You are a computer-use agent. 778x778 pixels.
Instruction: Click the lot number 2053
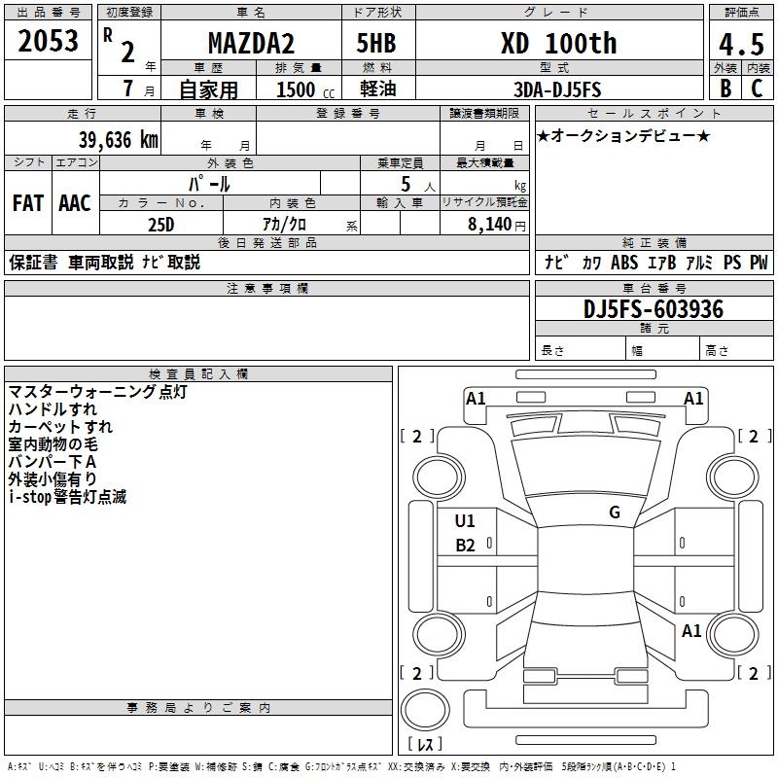click(x=49, y=40)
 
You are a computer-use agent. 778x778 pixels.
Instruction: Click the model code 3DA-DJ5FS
click(x=557, y=89)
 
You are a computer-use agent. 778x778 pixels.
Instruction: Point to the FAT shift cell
click(x=27, y=203)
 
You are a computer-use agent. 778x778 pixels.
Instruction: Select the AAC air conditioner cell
click(x=75, y=203)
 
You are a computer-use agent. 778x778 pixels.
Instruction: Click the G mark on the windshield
click(x=614, y=513)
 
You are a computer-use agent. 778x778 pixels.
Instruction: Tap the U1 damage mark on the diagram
click(x=465, y=520)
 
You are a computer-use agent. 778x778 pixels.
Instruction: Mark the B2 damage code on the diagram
click(x=465, y=546)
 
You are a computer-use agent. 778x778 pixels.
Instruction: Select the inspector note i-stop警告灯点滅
click(x=67, y=497)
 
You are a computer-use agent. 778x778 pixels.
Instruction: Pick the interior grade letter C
click(x=757, y=88)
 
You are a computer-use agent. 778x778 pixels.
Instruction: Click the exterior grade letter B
click(x=725, y=88)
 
